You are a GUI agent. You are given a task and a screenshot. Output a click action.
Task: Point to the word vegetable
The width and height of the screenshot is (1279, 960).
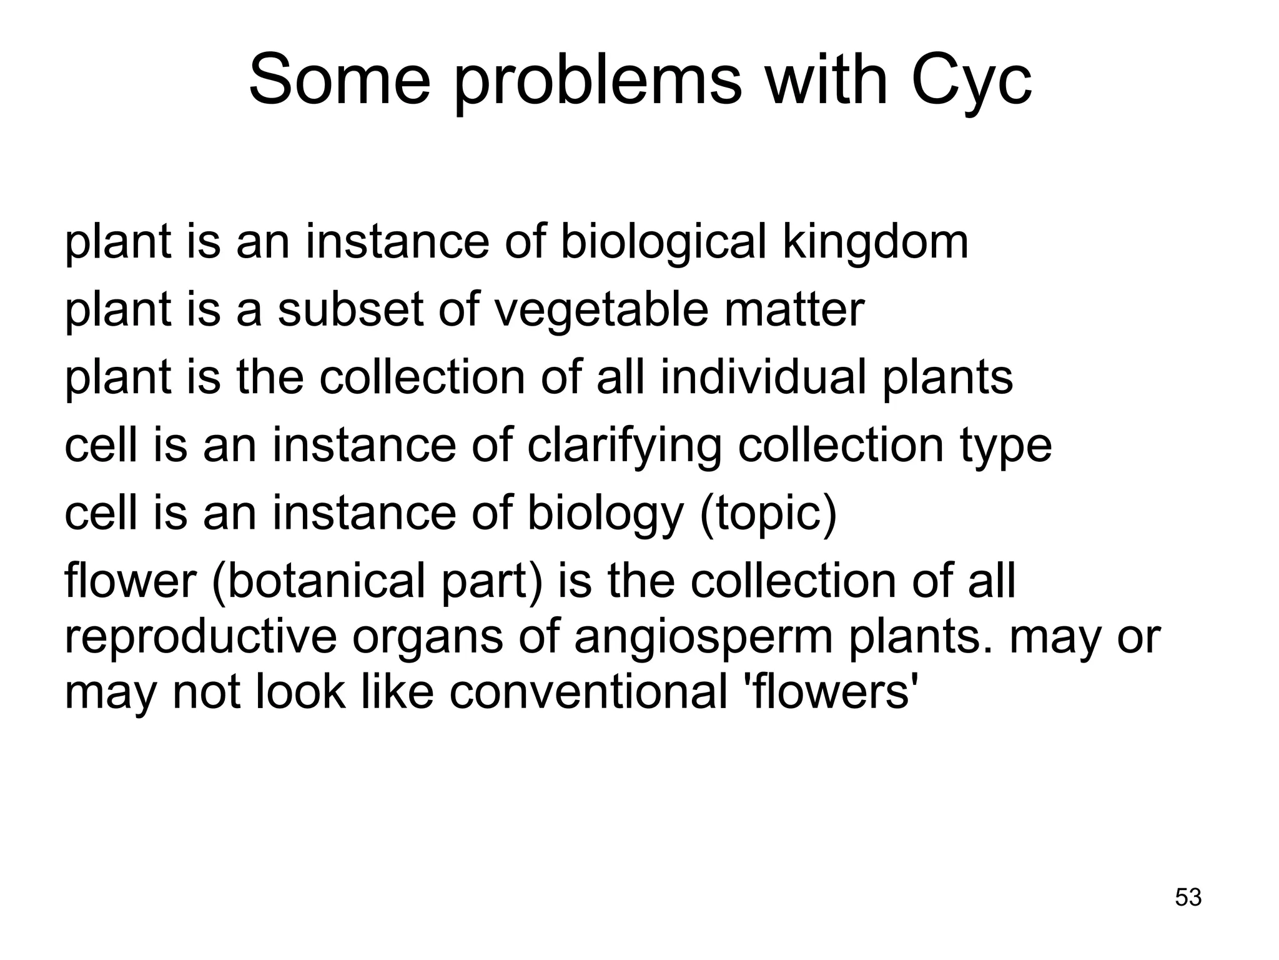click(601, 310)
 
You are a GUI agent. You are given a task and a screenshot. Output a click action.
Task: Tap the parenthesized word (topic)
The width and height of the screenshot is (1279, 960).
click(768, 514)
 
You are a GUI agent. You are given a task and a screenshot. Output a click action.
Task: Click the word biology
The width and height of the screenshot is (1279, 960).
click(606, 514)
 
